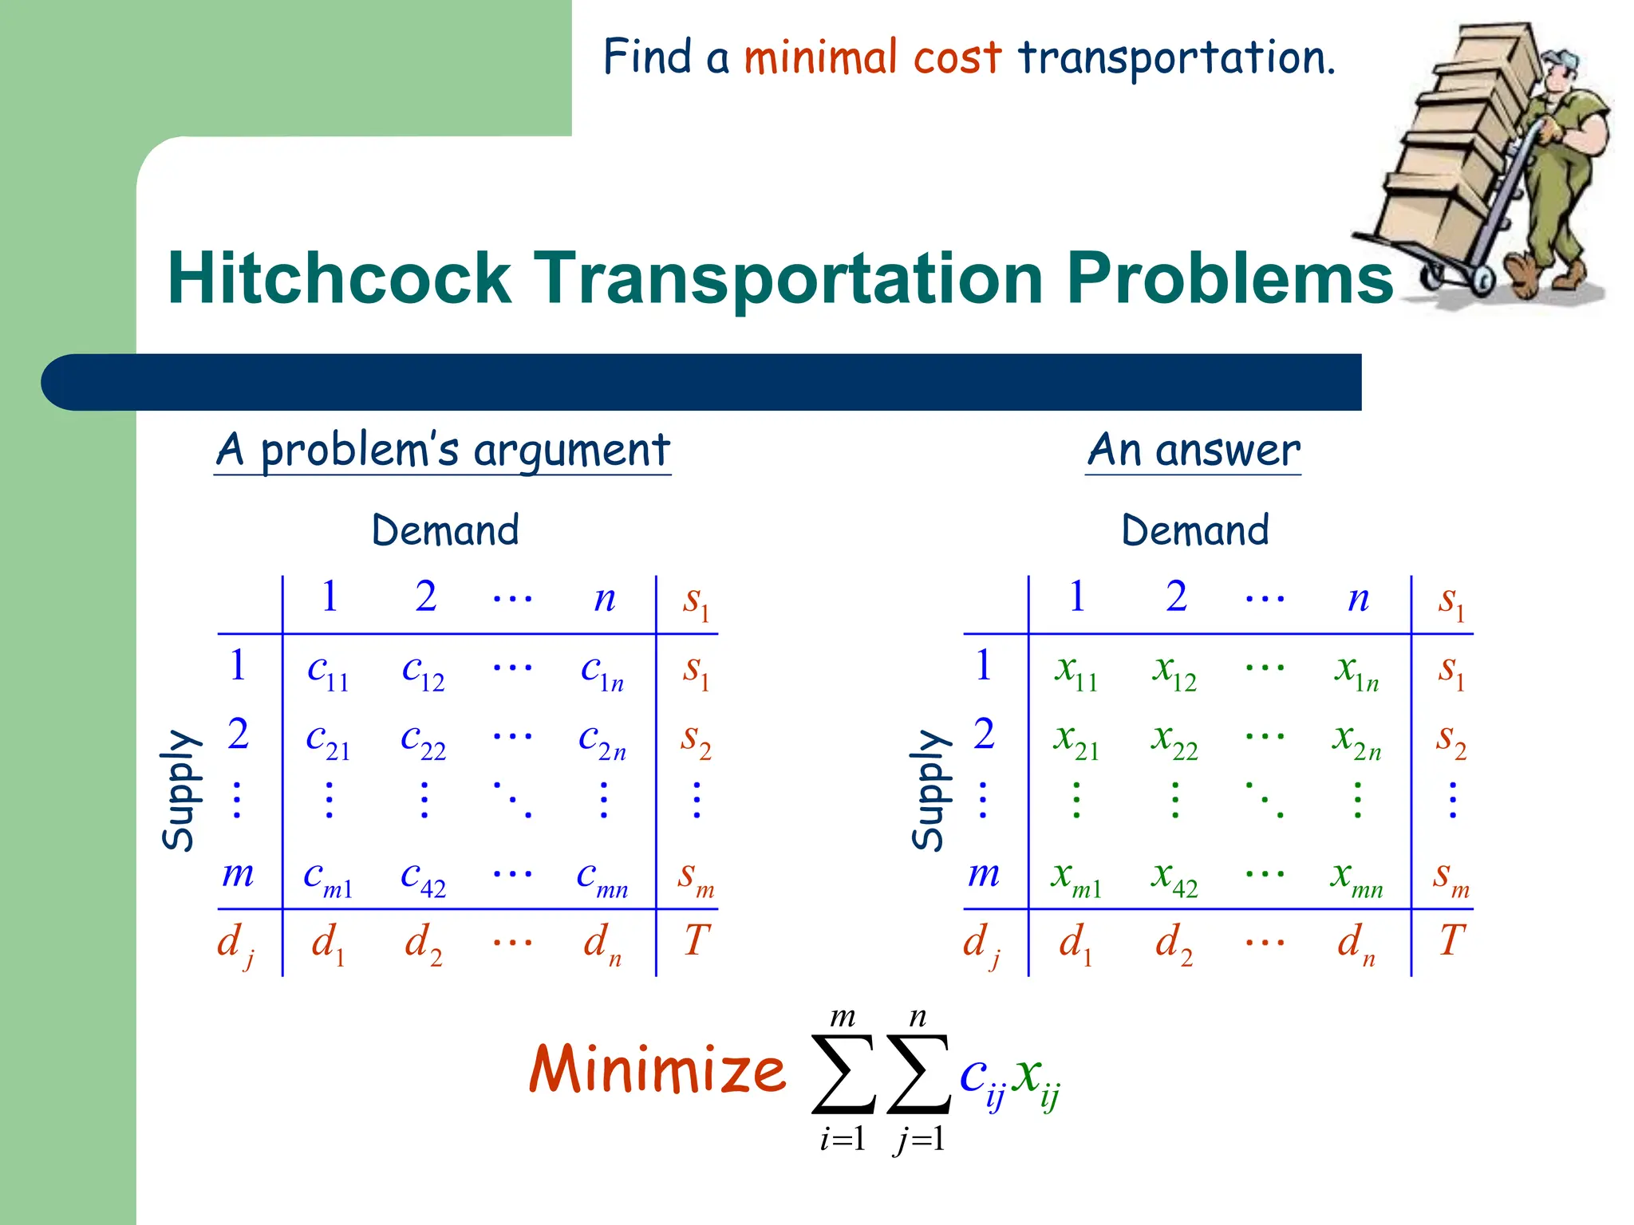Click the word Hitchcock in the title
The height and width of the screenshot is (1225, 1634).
click(x=339, y=278)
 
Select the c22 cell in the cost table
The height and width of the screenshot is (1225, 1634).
click(x=423, y=741)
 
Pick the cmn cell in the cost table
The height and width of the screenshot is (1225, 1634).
click(x=602, y=878)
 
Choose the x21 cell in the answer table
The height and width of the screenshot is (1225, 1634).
click(x=1076, y=741)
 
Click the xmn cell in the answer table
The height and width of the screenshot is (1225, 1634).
click(x=1356, y=878)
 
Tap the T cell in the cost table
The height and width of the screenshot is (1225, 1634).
click(x=696, y=940)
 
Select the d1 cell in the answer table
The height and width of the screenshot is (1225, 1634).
click(x=1076, y=944)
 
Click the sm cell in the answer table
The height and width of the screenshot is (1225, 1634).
click(x=1451, y=878)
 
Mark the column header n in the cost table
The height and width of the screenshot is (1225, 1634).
click(x=605, y=598)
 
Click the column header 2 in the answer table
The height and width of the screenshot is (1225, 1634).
click(x=1176, y=597)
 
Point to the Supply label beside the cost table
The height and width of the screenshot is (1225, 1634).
click(x=179, y=790)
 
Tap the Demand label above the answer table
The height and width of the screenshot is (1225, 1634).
click(x=1194, y=530)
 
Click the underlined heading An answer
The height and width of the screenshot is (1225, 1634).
click(x=1194, y=451)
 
